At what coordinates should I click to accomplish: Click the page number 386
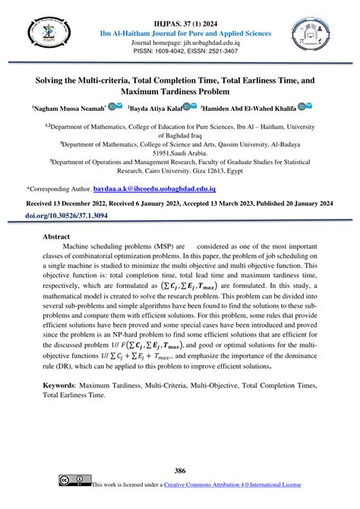coord(180,471)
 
